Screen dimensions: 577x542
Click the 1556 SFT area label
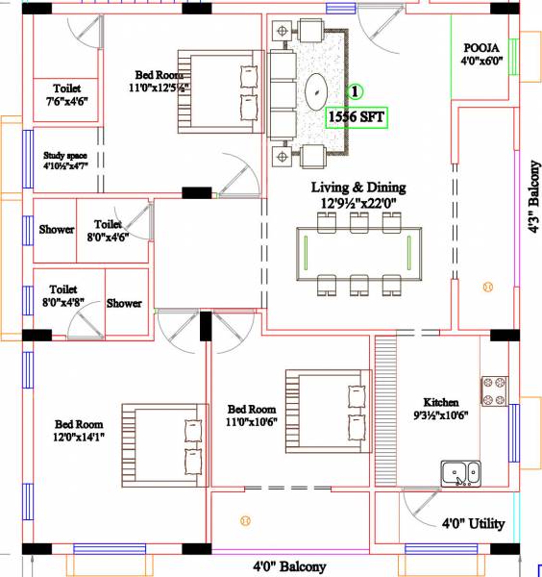click(x=357, y=117)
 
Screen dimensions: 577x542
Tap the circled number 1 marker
click(x=355, y=92)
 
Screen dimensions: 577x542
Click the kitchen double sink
click(x=461, y=473)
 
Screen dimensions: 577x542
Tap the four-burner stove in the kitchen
click(x=494, y=390)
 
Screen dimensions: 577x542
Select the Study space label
click(x=66, y=160)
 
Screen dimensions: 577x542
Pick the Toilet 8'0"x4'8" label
click(x=63, y=294)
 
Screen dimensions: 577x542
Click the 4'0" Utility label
click(x=473, y=524)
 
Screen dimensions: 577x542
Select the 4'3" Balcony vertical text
click(x=531, y=197)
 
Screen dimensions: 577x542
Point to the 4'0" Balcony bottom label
click(x=289, y=567)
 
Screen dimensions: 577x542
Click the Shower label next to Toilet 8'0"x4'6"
click(x=57, y=230)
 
